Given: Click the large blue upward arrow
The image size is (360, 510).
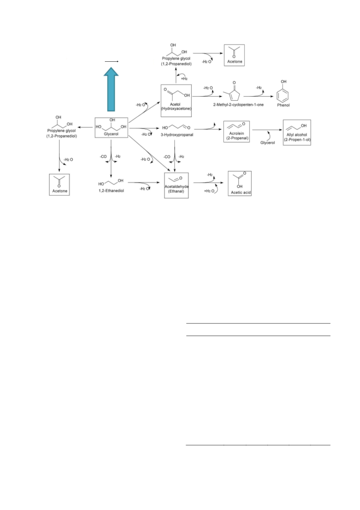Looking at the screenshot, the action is pyautogui.click(x=111, y=89).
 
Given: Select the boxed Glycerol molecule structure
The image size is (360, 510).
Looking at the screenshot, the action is pyautogui.click(x=111, y=128).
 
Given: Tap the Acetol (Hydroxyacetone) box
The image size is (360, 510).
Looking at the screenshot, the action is pyautogui.click(x=176, y=100).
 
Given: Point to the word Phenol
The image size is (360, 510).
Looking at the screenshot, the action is pyautogui.click(x=283, y=105).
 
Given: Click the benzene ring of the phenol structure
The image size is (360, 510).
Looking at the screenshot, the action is pyautogui.click(x=282, y=96).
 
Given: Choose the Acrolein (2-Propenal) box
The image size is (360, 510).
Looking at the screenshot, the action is pyautogui.click(x=237, y=131).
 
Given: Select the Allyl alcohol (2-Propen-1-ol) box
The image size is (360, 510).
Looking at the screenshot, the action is pyautogui.click(x=297, y=132).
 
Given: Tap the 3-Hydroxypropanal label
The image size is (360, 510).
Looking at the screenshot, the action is pyautogui.click(x=177, y=135).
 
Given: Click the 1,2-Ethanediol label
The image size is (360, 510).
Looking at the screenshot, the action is pyautogui.click(x=111, y=191).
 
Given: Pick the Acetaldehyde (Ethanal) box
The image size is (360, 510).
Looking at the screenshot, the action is pyautogui.click(x=176, y=185).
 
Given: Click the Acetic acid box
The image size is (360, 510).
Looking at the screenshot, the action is pyautogui.click(x=240, y=183).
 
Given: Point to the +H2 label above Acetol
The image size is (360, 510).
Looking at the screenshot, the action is pyautogui.click(x=184, y=79).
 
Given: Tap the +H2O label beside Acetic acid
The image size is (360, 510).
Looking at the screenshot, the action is pyautogui.click(x=209, y=191).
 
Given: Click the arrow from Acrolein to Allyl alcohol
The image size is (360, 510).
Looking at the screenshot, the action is pyautogui.click(x=267, y=130).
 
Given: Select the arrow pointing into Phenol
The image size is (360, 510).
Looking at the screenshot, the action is pyautogui.click(x=258, y=96).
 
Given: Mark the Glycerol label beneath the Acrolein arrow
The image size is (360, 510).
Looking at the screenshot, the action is pyautogui.click(x=268, y=143).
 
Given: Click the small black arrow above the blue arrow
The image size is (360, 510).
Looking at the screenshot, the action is pyautogui.click(x=111, y=61).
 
